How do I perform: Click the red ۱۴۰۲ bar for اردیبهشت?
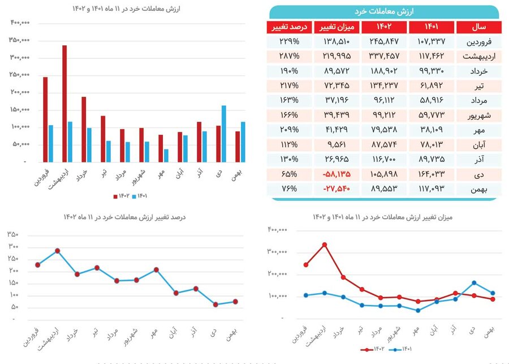coord(64,104)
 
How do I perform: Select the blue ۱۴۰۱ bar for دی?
coord(224,134)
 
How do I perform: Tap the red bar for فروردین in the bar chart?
coord(45,119)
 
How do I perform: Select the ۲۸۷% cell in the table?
coord(288,57)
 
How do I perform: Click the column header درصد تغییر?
coord(288,27)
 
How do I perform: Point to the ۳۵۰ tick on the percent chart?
coord(13,234)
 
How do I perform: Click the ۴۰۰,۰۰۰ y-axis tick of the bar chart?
coord(19,23)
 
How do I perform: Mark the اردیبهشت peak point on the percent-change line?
coord(57,251)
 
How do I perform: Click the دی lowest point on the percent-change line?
coord(215,305)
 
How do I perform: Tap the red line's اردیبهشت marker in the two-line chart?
coord(324,245)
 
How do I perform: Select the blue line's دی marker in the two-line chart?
coord(473,282)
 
